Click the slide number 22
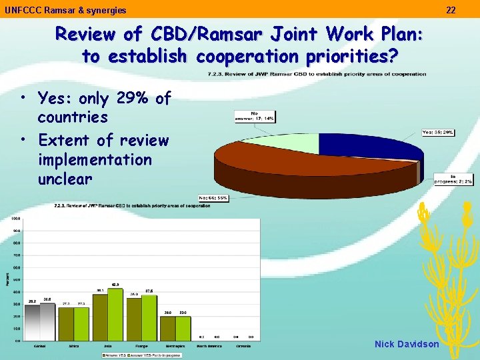point(451,10)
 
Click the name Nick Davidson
point(407,344)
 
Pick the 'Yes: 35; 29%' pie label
point(438,132)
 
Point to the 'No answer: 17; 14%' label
point(262,116)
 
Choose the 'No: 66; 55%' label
point(214,198)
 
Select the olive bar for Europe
point(134,319)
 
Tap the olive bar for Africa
point(66,323)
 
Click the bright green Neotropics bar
point(183,328)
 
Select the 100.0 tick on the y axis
point(15,218)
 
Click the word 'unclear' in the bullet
point(65,179)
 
